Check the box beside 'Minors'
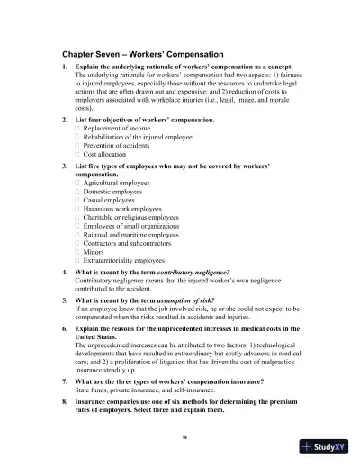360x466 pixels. [77, 253]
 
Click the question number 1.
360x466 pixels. [64, 68]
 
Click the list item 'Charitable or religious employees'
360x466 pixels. [130, 218]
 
